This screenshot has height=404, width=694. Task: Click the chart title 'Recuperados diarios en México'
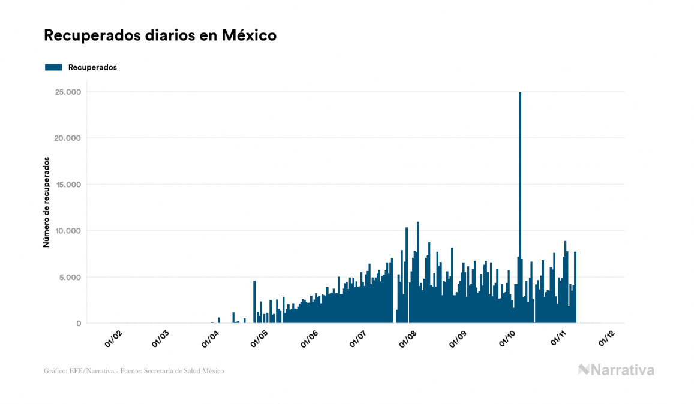pos(160,35)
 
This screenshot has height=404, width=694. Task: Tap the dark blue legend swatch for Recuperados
pos(53,67)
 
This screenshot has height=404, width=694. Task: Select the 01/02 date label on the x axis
pos(113,339)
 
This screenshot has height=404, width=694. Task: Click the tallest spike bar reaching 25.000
pos(520,204)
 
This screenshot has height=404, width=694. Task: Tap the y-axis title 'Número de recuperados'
pos(46,203)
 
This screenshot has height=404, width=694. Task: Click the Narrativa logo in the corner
pos(616,370)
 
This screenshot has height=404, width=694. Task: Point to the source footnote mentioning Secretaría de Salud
pos(134,371)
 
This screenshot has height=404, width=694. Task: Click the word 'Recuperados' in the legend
pos(92,67)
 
